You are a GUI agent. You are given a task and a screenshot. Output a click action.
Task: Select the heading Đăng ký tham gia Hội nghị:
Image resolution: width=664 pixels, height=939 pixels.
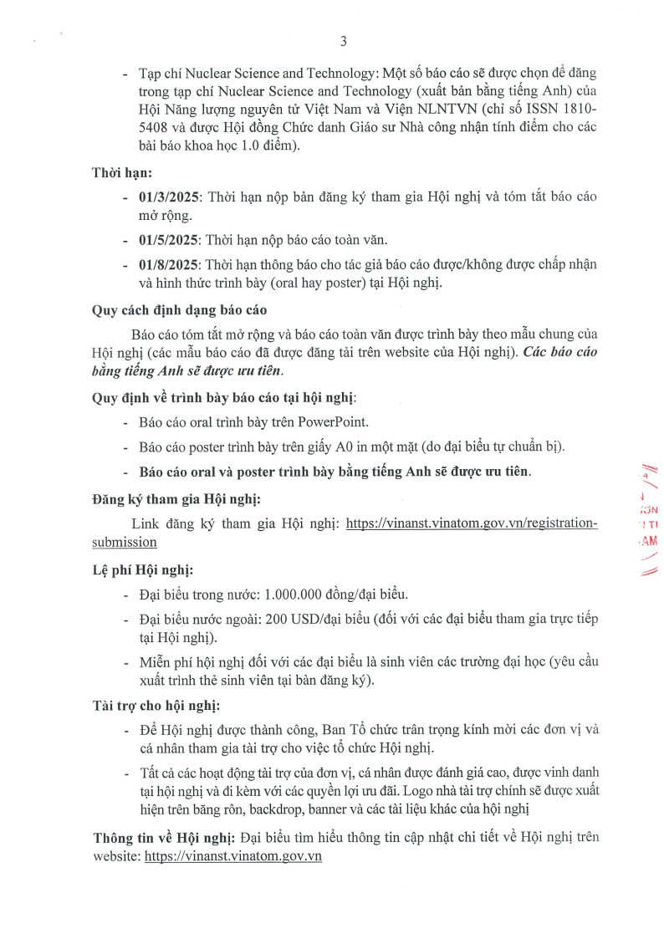pyautogui.click(x=176, y=499)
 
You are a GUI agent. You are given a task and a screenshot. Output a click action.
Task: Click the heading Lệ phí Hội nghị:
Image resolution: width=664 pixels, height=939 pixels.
pyautogui.click(x=142, y=570)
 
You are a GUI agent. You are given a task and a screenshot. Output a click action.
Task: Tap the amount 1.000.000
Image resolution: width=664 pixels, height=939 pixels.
pyautogui.click(x=298, y=594)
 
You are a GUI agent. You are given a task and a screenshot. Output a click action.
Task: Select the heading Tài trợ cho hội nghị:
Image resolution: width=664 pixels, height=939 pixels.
pyautogui.click(x=157, y=705)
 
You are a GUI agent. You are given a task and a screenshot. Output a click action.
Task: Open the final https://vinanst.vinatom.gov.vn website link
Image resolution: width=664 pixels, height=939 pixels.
pyautogui.click(x=233, y=856)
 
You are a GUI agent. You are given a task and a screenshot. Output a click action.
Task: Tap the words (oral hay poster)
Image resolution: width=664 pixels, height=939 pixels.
pyautogui.click(x=290, y=283)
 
